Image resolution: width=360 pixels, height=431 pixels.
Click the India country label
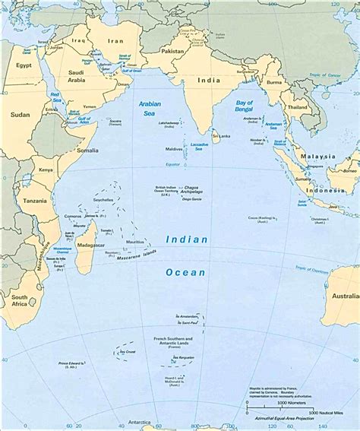pos(209,80)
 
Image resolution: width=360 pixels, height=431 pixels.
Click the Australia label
pos(345,296)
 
